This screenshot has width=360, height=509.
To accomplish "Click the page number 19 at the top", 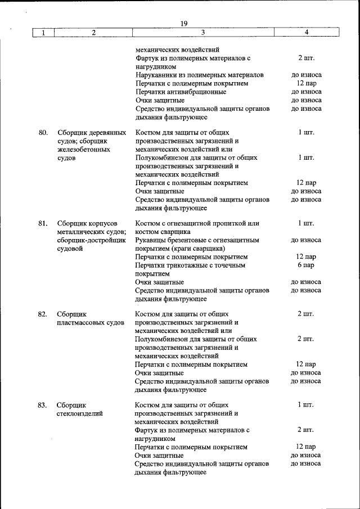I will pyautogui.click(x=184, y=23).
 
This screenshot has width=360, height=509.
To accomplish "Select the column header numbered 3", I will pyautogui.click(x=203, y=33).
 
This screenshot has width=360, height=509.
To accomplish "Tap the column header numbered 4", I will pyautogui.click(x=306, y=33).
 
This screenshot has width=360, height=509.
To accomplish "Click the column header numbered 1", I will pyautogui.click(x=43, y=33).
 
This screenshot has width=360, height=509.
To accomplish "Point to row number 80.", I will pyautogui.click(x=43, y=133).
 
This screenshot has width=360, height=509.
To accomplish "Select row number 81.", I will pyautogui.click(x=43, y=223).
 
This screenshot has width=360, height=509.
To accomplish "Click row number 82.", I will pyautogui.click(x=43, y=314).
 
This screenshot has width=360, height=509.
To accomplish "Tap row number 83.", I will pyautogui.click(x=43, y=404).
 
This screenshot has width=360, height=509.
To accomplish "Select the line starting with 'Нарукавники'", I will pyautogui.click(x=200, y=75).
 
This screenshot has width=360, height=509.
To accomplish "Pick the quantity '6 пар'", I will pyautogui.click(x=306, y=265).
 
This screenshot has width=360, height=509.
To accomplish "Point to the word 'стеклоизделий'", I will pyautogui.click(x=79, y=413).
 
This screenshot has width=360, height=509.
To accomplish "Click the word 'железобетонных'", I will pyautogui.click(x=83, y=150).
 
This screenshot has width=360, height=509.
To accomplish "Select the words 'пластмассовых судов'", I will pyautogui.click(x=90, y=323).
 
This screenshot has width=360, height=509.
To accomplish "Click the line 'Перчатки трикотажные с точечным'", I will pyautogui.click(x=191, y=265).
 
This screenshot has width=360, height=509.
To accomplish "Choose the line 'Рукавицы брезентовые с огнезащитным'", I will pyautogui.click(x=197, y=240).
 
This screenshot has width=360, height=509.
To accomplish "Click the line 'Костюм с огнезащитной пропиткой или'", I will pyautogui.click(x=197, y=223).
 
